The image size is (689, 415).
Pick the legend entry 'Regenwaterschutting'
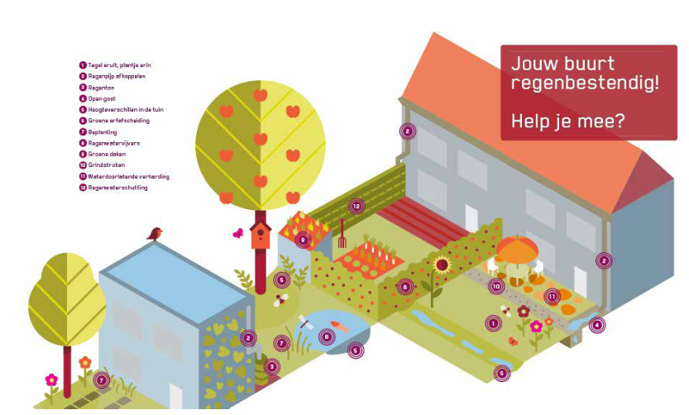point(117,188)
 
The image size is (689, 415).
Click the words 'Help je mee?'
point(567,121)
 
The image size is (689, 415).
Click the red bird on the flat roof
point(155,234)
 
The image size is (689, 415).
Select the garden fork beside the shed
point(341,233)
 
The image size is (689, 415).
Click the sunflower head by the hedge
point(442,265)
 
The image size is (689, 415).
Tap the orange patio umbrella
point(517,247)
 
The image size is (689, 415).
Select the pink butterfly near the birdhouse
point(237,234)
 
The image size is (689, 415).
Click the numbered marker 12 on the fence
point(356,206)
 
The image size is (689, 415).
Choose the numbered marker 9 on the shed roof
point(303,240)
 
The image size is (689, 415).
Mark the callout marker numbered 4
point(596,325)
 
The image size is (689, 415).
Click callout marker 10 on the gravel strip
point(496,286)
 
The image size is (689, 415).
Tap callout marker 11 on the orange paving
point(552,295)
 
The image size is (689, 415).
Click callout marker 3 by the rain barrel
point(272,366)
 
